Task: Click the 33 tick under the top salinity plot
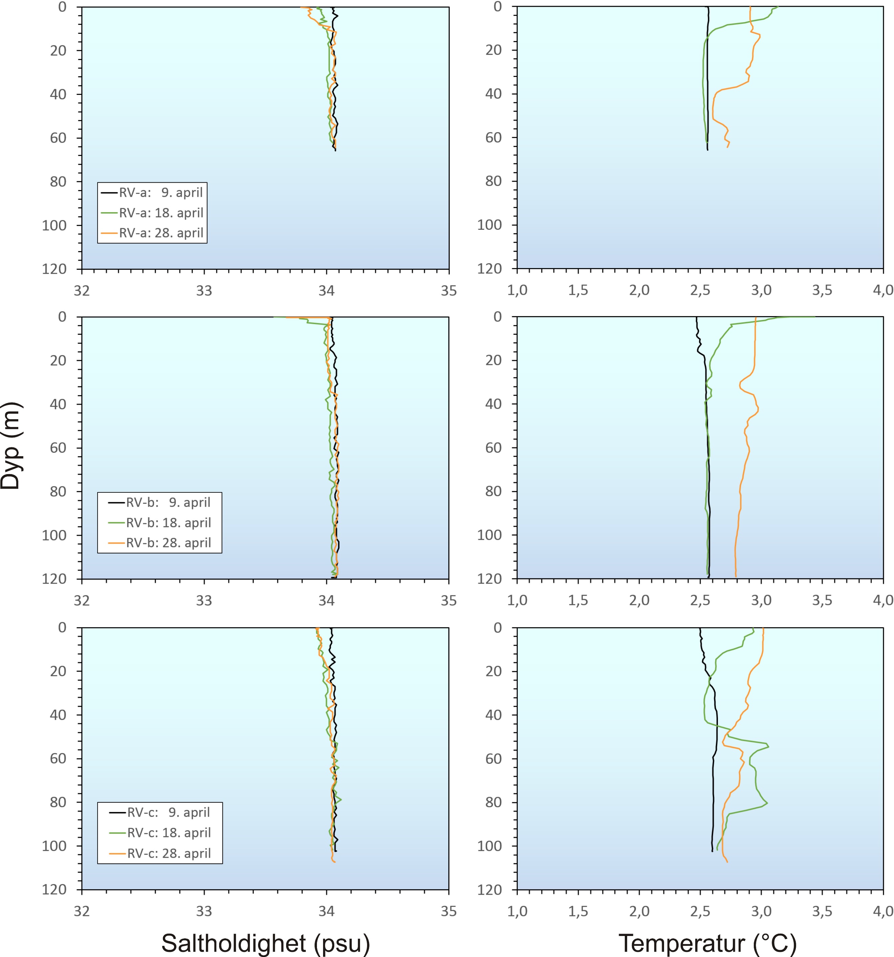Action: pyautogui.click(x=204, y=291)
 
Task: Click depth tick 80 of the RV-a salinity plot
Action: pyautogui.click(x=58, y=182)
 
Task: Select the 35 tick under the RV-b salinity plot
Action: pyautogui.click(x=448, y=601)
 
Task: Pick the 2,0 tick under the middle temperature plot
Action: pyautogui.click(x=639, y=600)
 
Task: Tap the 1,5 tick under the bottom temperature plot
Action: pyautogui.click(x=578, y=911)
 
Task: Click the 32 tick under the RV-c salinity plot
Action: pyautogui.click(x=82, y=911)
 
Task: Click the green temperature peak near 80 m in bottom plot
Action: pyautogui.click(x=767, y=803)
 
